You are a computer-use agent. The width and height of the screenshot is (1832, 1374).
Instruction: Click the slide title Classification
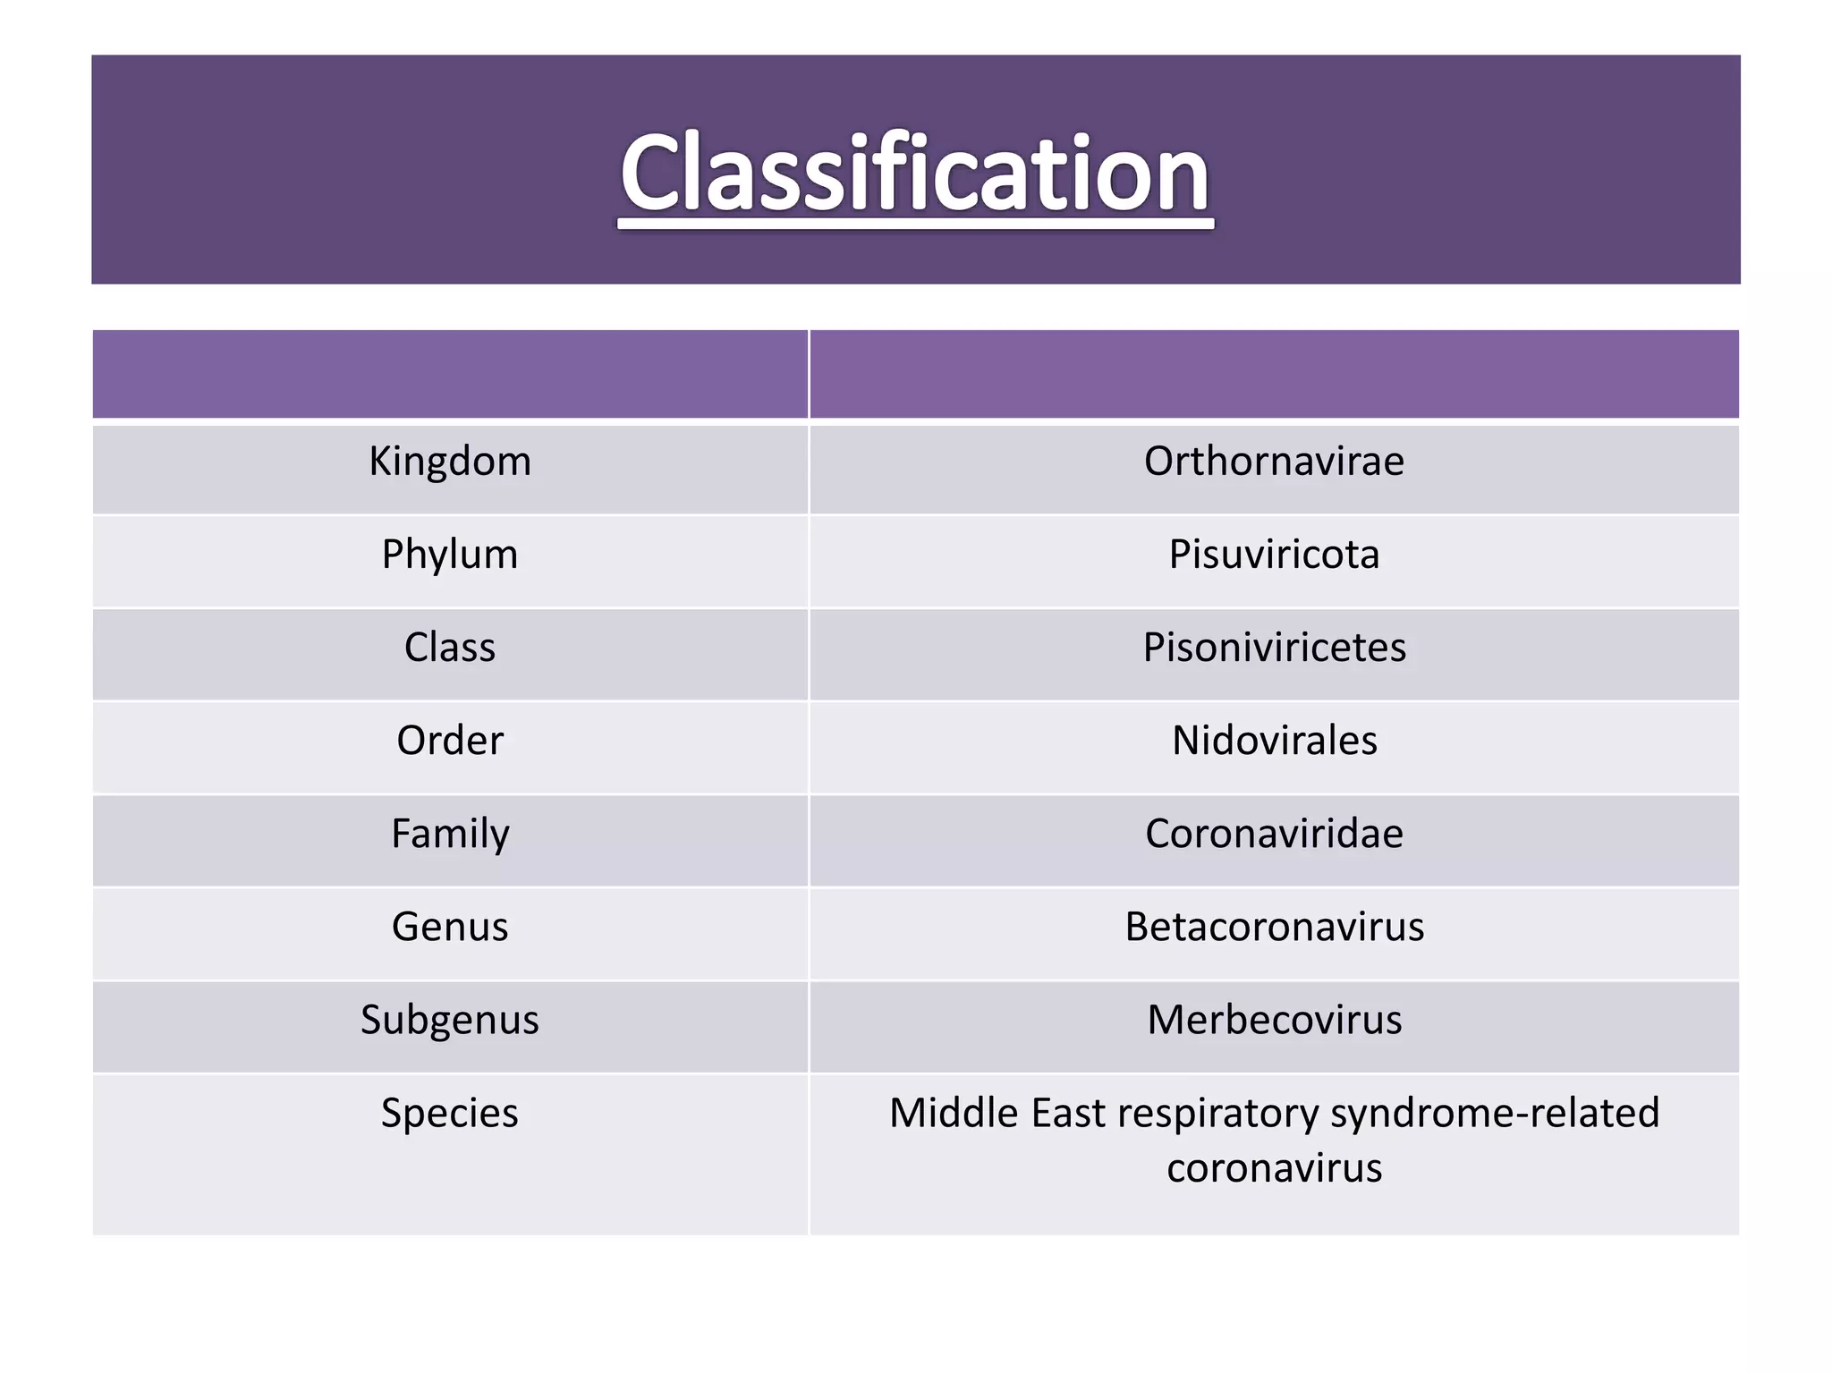[x=915, y=173]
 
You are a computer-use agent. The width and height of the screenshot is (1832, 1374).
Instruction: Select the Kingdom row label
[x=450, y=462]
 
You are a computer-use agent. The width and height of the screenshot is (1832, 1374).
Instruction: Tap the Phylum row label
[x=450, y=555]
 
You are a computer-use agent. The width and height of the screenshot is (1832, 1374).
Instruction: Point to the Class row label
[x=449, y=648]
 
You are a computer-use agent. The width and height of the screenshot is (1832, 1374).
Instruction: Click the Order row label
[x=450, y=741]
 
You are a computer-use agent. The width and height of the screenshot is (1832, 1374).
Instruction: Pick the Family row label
[x=450, y=834]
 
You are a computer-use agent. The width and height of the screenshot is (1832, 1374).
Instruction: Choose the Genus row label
[x=450, y=927]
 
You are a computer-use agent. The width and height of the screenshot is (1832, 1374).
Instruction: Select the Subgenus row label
[x=450, y=1020]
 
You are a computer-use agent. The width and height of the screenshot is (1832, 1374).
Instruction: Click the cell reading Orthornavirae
[x=1274, y=462]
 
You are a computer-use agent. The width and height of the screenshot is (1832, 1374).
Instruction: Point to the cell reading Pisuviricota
[x=1274, y=555]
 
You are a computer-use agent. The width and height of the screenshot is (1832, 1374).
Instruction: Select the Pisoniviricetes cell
[x=1274, y=648]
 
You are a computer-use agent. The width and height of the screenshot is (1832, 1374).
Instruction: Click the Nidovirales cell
[x=1274, y=741]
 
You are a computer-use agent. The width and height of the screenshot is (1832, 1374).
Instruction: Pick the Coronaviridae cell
[x=1274, y=834]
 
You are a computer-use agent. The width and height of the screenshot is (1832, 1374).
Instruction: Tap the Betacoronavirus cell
[x=1274, y=927]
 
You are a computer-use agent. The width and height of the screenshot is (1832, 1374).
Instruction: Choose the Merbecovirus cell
[x=1274, y=1020]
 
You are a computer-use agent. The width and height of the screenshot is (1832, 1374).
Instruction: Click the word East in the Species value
[x=1068, y=1114]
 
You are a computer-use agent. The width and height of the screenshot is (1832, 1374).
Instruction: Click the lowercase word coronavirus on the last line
[x=1274, y=1168]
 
